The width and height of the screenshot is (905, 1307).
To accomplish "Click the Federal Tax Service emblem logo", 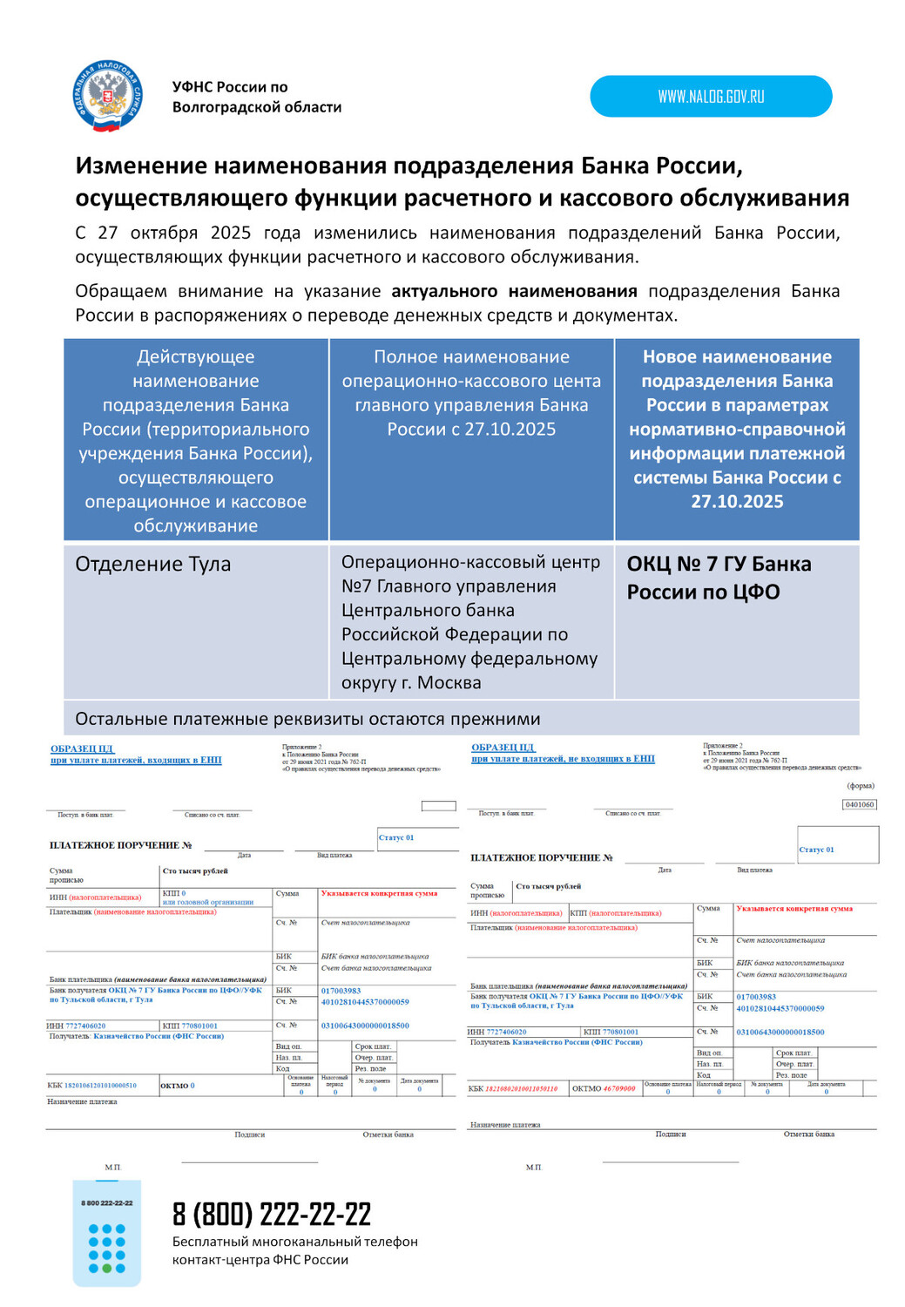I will point(107,96).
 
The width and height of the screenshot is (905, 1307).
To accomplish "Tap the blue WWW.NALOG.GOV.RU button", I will point(711,97).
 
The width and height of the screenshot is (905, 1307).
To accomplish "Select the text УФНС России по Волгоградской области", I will point(256,97).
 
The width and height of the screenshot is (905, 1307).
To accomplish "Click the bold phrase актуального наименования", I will point(514,291).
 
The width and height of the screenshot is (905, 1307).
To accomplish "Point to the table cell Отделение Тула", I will point(153,565).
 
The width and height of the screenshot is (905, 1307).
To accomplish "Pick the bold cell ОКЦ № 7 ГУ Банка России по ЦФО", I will point(719,578).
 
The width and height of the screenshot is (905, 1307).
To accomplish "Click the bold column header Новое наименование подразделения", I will point(737,429).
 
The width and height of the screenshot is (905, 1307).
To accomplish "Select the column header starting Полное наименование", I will point(471,393).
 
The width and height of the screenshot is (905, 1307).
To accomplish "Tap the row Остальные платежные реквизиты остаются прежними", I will point(307,719).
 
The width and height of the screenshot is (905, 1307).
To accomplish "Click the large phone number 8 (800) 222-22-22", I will point(272,1214).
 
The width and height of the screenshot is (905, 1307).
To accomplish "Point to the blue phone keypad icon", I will point(106,1233).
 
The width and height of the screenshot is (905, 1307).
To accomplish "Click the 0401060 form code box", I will point(860,804).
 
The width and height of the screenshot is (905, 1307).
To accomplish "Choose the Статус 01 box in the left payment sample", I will point(396,837).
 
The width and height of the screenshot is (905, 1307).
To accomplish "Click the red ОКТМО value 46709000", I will point(619,1088).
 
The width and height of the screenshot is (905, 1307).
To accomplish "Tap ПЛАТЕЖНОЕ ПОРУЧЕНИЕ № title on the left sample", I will point(120,845).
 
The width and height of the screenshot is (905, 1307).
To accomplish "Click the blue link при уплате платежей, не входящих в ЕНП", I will point(563,759).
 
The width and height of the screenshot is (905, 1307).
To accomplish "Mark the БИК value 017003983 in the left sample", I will point(341,991).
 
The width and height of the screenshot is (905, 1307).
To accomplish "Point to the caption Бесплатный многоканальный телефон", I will point(294,1242).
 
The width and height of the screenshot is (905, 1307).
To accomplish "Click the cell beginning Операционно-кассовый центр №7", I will point(470,622).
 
